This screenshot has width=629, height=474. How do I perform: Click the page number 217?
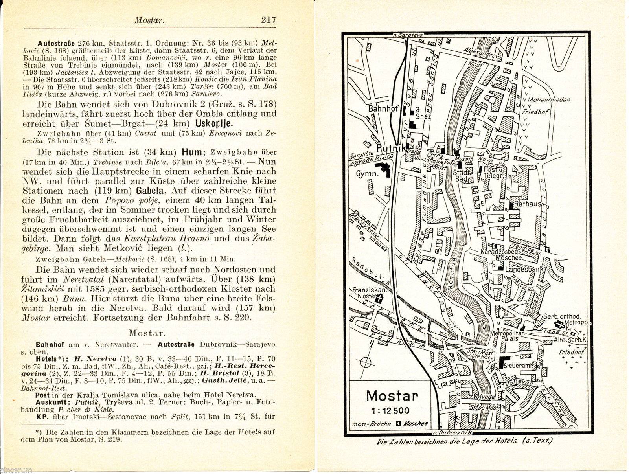tap(269, 20)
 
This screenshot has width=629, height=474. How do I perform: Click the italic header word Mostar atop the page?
tap(149, 20)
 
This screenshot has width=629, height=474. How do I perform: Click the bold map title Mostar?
tap(392, 396)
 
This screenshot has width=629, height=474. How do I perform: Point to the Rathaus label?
tap(530, 204)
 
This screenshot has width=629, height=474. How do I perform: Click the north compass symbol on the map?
tap(365, 360)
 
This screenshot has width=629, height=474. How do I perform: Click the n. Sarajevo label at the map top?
tap(408, 35)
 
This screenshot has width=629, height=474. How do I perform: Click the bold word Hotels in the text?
tap(46, 359)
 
